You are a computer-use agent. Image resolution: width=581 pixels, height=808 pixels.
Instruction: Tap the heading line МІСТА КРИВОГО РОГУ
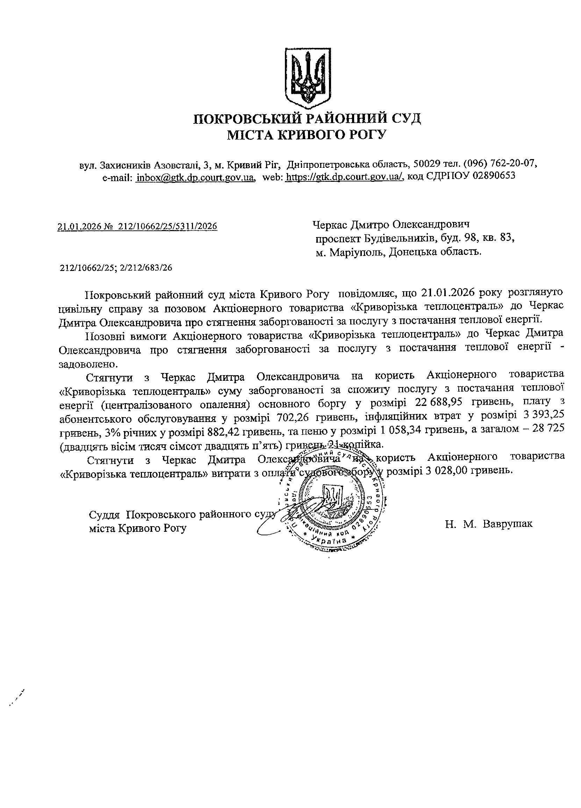[x=307, y=135]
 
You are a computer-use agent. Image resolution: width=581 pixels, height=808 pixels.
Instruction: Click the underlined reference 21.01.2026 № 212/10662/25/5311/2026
[x=137, y=226]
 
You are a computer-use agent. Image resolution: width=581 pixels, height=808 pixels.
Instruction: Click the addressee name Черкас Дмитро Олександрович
[x=391, y=224]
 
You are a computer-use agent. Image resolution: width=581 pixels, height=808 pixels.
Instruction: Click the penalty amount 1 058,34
[x=400, y=431]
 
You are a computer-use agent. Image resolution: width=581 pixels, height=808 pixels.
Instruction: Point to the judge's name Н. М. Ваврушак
[x=489, y=524]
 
